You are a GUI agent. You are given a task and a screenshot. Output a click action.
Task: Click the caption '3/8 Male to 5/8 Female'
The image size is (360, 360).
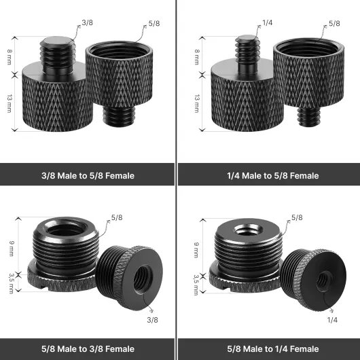88,176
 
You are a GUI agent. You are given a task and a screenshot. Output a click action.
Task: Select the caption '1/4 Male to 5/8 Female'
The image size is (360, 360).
273,176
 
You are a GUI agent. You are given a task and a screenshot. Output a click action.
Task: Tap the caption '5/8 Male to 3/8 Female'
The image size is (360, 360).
88,348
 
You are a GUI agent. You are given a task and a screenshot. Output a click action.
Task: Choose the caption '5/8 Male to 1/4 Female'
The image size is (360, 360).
273,348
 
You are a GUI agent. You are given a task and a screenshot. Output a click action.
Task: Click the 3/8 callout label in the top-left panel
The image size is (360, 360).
87,22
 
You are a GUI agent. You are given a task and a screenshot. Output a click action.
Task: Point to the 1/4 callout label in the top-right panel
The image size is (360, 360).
267,22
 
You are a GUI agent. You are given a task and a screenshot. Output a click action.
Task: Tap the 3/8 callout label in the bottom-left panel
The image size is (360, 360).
152,320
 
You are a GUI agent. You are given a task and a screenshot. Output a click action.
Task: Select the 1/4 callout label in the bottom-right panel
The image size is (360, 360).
332,320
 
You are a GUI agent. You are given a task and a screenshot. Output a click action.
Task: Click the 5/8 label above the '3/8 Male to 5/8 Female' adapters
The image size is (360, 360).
154,23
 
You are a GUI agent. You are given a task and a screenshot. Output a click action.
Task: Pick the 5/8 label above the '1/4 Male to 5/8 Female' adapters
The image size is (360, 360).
334,23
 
